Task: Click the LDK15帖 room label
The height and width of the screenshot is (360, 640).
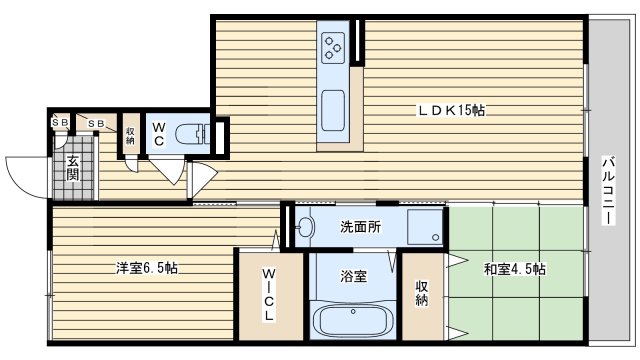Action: (451, 110)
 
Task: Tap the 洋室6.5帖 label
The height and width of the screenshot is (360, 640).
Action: (147, 268)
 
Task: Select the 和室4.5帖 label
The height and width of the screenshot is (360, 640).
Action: (515, 269)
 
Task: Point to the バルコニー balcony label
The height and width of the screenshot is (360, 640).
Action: (609, 190)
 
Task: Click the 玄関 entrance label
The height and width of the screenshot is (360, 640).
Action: (73, 168)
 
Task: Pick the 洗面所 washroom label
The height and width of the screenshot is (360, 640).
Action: (361, 227)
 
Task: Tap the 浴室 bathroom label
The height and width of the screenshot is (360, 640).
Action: (353, 276)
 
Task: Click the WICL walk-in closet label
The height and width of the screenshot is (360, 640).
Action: (269, 294)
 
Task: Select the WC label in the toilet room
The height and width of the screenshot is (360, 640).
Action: (159, 134)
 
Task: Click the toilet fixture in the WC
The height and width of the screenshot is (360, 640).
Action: (193, 134)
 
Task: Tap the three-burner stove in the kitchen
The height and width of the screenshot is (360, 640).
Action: (333, 48)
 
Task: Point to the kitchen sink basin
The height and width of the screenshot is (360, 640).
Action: (333, 111)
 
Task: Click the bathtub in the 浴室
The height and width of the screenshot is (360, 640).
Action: (353, 321)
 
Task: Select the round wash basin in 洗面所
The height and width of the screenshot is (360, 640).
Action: (305, 226)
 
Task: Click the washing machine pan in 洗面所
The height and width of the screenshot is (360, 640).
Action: (425, 227)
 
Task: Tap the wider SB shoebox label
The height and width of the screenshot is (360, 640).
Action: (96, 123)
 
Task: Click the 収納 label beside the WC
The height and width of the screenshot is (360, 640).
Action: (130, 136)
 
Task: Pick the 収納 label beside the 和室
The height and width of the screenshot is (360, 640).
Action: (422, 293)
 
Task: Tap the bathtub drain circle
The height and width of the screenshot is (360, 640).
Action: (353, 311)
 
